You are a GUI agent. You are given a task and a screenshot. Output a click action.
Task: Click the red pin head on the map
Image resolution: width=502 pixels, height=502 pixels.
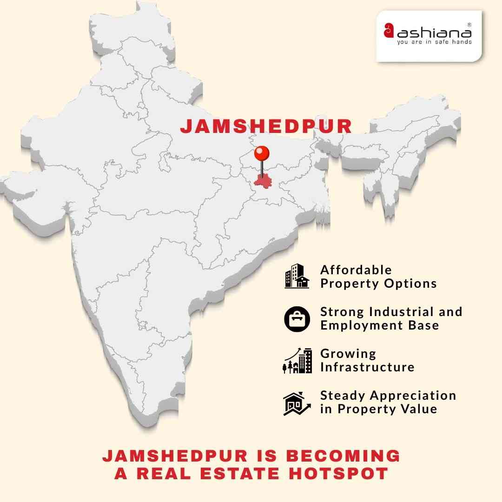tap(262, 152)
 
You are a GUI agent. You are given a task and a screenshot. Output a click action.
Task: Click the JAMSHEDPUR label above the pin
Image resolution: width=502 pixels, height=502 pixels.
tap(266, 126)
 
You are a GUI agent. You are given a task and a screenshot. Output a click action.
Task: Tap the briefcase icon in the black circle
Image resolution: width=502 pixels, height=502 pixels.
tap(297, 318)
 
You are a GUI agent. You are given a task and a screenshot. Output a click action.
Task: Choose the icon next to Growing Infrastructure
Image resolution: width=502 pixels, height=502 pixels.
tap(297, 360)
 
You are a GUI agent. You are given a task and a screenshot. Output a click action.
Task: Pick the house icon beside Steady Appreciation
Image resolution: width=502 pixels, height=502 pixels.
tap(297, 403)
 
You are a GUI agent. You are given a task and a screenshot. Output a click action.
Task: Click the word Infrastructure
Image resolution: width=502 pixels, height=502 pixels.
tap(367, 367)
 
